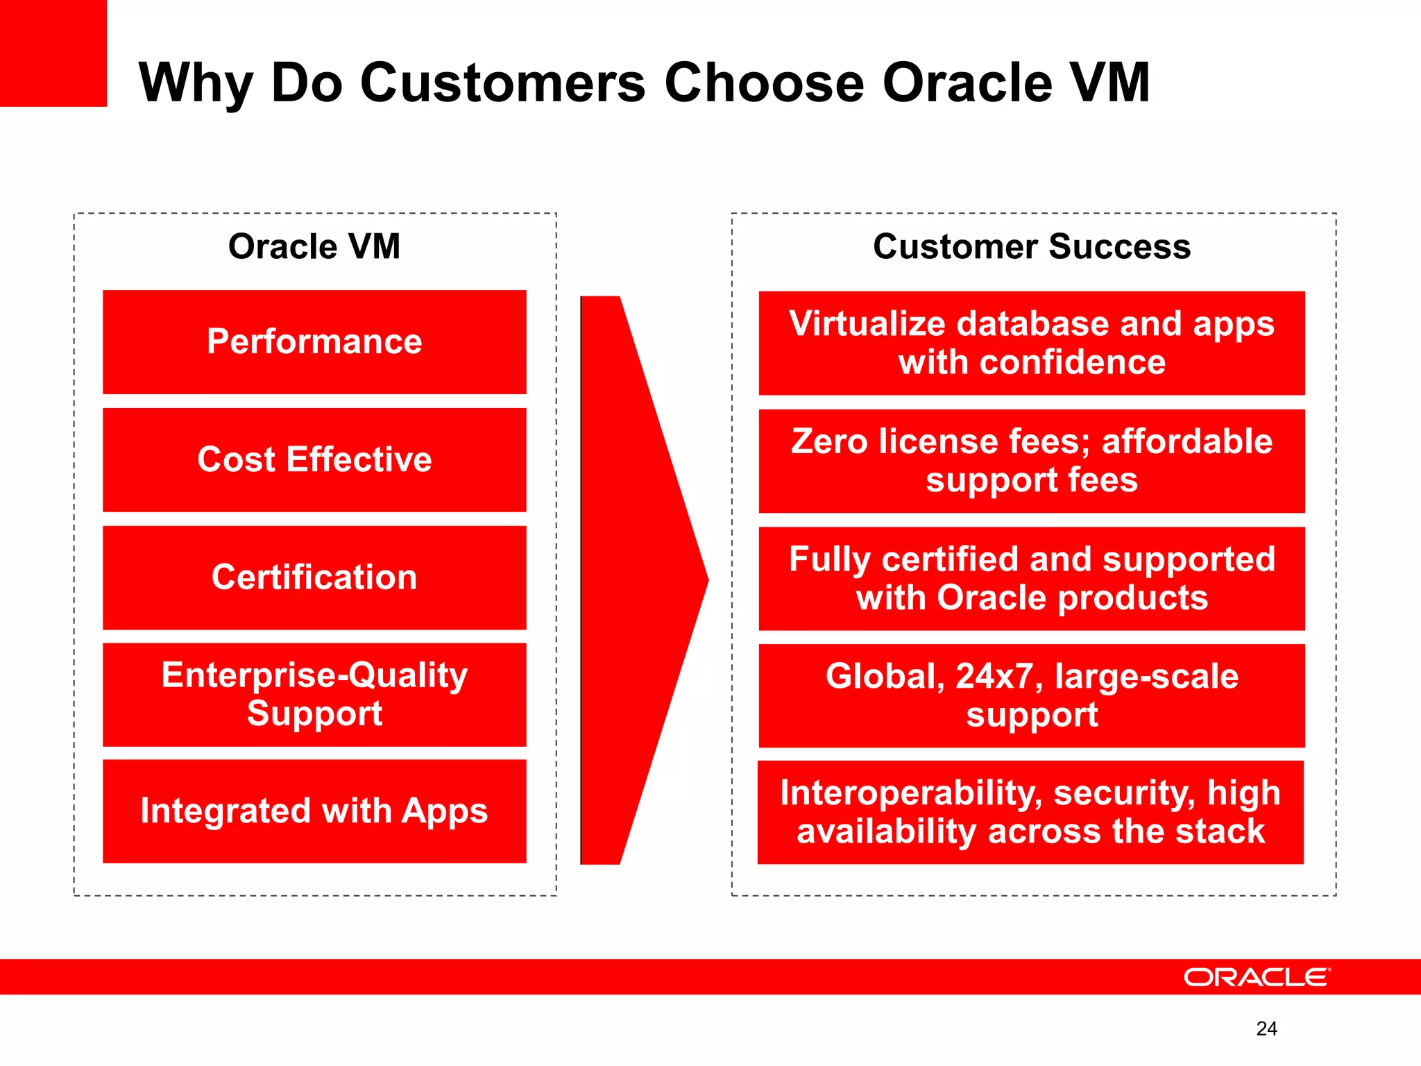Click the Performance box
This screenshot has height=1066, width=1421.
[x=314, y=341]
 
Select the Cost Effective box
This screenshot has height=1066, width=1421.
[x=314, y=459]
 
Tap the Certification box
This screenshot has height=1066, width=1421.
[x=314, y=577]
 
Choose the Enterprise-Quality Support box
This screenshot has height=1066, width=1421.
[x=314, y=695]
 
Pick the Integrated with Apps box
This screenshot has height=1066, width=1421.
[x=314, y=811]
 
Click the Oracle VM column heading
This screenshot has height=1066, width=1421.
[x=314, y=246]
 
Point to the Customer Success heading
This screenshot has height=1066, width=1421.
[x=1032, y=246]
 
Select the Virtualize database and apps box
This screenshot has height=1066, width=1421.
[x=1032, y=343]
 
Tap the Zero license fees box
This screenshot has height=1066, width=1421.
[x=1032, y=461]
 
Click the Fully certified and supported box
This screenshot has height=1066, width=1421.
[x=1032, y=579]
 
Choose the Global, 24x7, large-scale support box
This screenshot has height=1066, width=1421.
[x=1032, y=695]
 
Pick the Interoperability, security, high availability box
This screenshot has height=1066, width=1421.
[x=1030, y=812]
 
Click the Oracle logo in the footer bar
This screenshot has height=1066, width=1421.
[x=1257, y=977]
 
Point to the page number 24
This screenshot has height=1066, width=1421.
[x=1266, y=1029]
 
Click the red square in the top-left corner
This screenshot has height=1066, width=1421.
[x=53, y=53]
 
